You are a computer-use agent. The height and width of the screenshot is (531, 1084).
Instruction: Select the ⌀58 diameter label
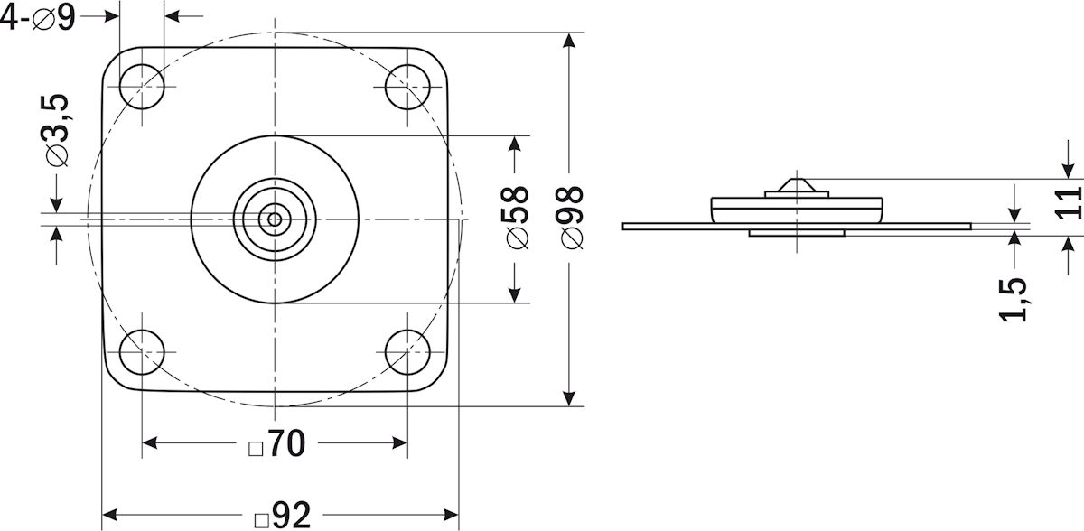pos(517,218)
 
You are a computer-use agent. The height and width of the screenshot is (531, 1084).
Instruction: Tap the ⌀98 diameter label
pos(571,218)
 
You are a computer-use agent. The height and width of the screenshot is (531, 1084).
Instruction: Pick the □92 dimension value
pos(282,516)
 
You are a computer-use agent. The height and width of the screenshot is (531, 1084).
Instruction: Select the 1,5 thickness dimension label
pos(1015,299)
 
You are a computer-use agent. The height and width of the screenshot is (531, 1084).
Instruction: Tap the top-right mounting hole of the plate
pos(407,88)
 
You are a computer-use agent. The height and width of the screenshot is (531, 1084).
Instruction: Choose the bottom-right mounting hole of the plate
pos(407,351)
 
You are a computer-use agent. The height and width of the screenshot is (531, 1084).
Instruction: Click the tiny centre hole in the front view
pos(275,218)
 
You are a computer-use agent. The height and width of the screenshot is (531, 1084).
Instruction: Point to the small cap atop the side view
pos(796,186)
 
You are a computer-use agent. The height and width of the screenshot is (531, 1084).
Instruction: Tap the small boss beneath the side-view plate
pos(796,233)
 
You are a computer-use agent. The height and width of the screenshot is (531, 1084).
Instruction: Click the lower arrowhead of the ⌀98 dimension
pos(569,397)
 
